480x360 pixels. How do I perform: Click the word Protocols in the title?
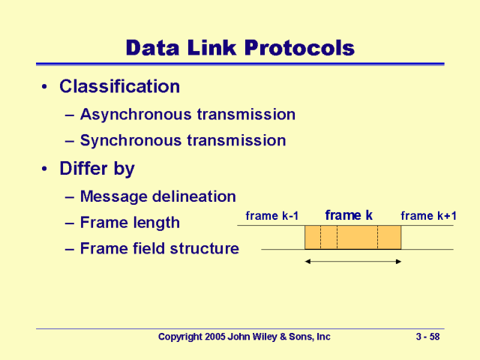[299, 48]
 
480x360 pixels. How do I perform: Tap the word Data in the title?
[152, 48]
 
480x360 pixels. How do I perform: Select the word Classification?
[120, 86]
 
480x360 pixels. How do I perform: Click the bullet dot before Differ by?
[45, 169]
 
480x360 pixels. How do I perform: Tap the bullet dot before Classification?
[45, 87]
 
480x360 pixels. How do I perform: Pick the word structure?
[205, 248]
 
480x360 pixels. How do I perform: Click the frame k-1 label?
[271, 216]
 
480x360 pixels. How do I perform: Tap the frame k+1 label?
[428, 216]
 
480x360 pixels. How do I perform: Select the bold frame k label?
[349, 215]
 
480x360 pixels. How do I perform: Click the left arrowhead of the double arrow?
[307, 262]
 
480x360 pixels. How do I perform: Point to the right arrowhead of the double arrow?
[398, 262]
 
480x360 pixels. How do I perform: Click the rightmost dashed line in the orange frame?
[377, 237]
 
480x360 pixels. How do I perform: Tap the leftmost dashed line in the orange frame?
[320, 237]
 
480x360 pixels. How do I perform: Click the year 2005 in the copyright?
[215, 337]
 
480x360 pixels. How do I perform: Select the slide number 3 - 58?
[427, 337]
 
